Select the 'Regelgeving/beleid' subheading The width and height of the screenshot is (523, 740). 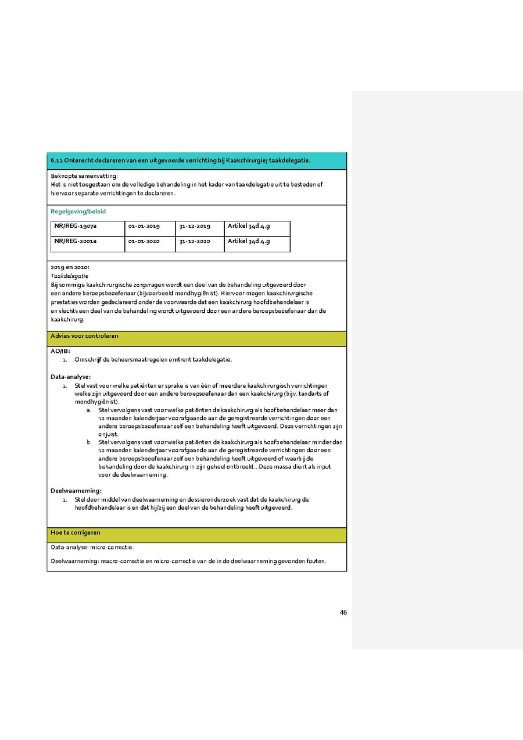[78, 212]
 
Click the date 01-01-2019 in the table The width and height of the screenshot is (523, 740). [144, 226]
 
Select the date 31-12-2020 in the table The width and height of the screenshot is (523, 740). [195, 241]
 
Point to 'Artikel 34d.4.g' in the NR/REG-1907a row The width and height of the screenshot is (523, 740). [249, 226]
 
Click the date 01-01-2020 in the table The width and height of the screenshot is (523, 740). [144, 241]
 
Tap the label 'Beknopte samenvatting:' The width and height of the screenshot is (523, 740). [84, 176]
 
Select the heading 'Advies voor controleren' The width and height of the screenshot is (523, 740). [85, 336]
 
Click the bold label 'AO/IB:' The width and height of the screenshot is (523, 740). [60, 351]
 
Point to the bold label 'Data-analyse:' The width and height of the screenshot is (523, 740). [70, 377]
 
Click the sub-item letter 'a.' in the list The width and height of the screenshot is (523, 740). [89, 410]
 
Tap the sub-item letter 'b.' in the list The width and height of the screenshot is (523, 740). [89, 442]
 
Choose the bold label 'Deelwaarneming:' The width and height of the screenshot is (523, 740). [76, 491]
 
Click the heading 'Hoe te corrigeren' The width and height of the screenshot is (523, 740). [76, 532]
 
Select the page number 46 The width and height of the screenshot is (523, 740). [343, 612]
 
